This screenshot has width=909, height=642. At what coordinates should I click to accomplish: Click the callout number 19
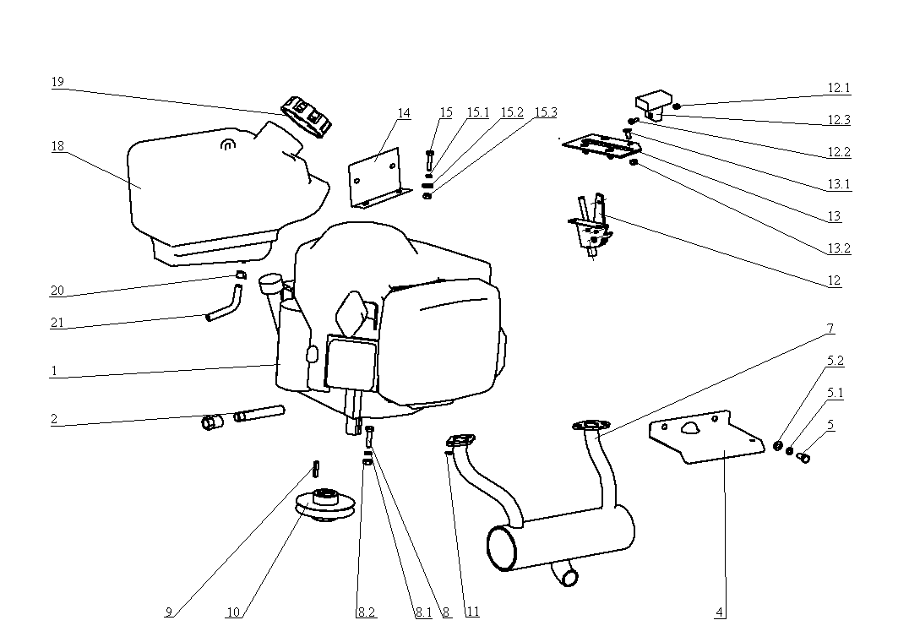(57, 82)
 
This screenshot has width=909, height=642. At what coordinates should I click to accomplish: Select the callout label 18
(57, 146)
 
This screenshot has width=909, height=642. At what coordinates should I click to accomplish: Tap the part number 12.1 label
(838, 88)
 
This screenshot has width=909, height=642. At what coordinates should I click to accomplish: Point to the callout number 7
(830, 328)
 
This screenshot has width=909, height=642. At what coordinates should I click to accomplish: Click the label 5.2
(835, 361)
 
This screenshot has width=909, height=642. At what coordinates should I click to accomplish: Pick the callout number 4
(720, 612)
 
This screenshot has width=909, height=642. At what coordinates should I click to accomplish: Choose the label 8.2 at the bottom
(366, 612)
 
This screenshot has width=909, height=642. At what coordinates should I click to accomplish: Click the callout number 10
(234, 612)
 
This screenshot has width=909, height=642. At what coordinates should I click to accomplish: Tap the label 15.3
(545, 112)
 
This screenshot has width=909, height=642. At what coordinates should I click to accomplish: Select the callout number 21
(57, 323)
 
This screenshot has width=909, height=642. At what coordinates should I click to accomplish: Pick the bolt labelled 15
(430, 158)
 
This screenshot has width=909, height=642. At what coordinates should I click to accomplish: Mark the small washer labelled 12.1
(678, 106)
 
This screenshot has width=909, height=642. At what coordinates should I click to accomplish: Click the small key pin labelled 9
(316, 466)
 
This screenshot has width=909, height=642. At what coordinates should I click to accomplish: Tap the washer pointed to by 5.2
(778, 445)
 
